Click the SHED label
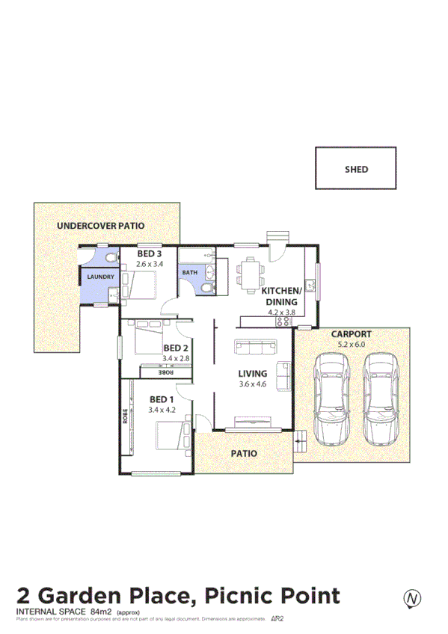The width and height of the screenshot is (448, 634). (356, 170)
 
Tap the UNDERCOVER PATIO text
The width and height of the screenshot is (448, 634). (101, 225)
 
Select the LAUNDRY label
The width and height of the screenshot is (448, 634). (100, 277)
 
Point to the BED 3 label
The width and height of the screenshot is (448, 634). (149, 254)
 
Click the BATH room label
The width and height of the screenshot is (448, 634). (190, 273)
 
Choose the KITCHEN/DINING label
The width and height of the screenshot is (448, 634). (281, 296)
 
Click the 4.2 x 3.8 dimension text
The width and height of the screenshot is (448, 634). (281, 313)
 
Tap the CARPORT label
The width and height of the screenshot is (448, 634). (351, 334)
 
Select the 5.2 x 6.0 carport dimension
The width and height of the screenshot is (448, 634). (351, 345)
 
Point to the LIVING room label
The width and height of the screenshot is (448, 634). (252, 373)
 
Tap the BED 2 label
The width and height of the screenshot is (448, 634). (175, 348)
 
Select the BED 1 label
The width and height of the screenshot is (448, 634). (162, 399)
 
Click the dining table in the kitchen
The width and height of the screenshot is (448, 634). (250, 275)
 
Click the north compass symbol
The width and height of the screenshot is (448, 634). (411, 598)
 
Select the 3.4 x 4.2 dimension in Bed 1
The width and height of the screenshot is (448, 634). (162, 410)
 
